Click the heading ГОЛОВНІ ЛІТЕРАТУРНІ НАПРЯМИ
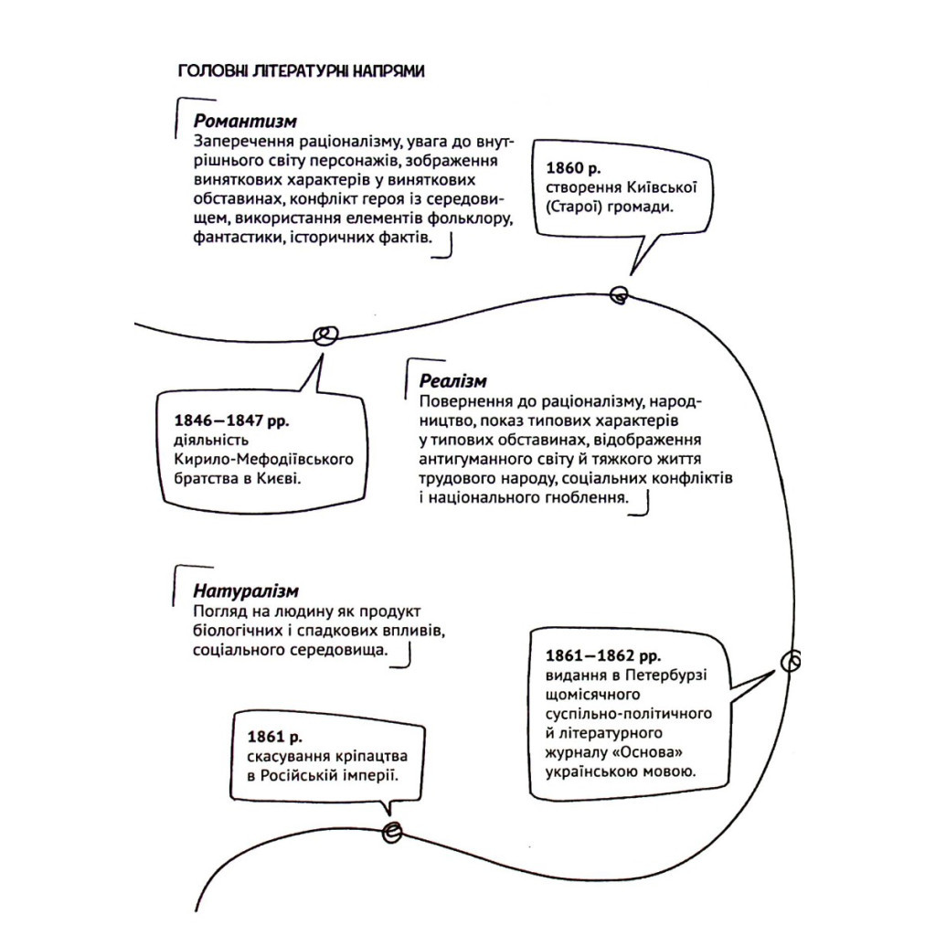click(300, 71)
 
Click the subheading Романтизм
click(245, 121)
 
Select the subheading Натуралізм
click(246, 591)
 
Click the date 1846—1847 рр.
click(230, 420)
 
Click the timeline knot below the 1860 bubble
click(619, 294)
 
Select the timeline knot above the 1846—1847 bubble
click(324, 336)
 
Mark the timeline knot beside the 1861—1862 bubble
click(792, 660)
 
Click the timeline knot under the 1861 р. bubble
click(391, 831)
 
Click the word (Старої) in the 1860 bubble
click(578, 207)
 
